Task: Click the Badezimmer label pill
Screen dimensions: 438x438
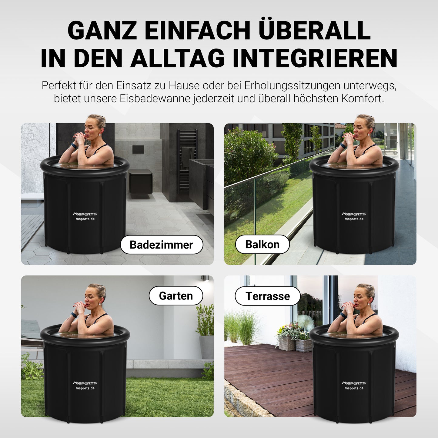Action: point(161,245)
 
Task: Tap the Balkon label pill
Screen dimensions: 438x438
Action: point(262,244)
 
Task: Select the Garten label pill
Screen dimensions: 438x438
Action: point(176,296)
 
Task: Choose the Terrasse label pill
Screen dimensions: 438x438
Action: point(268,296)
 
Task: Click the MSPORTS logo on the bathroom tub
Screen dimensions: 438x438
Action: point(85,214)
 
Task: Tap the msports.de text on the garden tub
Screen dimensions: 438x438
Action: point(85,388)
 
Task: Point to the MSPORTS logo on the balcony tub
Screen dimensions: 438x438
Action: point(354,214)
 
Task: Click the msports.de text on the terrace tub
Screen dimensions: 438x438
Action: point(354,388)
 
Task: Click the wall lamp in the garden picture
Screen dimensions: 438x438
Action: point(205,279)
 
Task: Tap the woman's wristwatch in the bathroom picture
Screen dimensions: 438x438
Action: point(73,145)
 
